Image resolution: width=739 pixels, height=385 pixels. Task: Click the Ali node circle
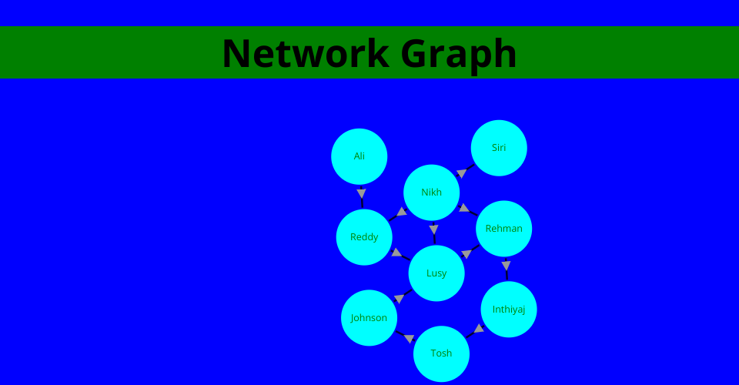pos(359,156)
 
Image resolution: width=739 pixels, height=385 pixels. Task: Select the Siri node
pos(499,148)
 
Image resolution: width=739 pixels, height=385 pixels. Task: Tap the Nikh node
pos(432,192)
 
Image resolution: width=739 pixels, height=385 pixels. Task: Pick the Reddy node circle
pos(364,237)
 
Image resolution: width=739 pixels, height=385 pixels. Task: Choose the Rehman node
pos(504,229)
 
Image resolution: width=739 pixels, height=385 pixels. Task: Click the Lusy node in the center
pos(436,273)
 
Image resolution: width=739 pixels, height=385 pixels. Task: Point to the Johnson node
pos(369,318)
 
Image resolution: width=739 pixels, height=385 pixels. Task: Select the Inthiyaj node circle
pos(509,310)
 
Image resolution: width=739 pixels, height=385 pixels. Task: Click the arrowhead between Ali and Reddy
pos(362,193)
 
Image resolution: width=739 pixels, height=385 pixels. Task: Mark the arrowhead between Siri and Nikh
pos(462,173)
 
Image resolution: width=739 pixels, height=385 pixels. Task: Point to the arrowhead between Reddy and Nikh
pos(402,212)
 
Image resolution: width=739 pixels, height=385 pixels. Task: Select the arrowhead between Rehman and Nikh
pos(464,207)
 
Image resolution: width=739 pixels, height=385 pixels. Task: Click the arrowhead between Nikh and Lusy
pos(434,229)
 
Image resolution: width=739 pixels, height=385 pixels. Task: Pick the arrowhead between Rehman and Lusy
pos(466,253)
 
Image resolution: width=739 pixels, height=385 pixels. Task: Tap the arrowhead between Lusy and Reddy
pos(396,253)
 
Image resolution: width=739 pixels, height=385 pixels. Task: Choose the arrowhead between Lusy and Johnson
pos(399,299)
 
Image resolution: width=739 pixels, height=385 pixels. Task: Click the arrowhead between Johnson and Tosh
pos(409,339)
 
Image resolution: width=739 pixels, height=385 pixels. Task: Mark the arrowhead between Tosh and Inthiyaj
pos(479,329)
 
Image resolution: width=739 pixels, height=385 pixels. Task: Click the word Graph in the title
pos(459,53)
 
